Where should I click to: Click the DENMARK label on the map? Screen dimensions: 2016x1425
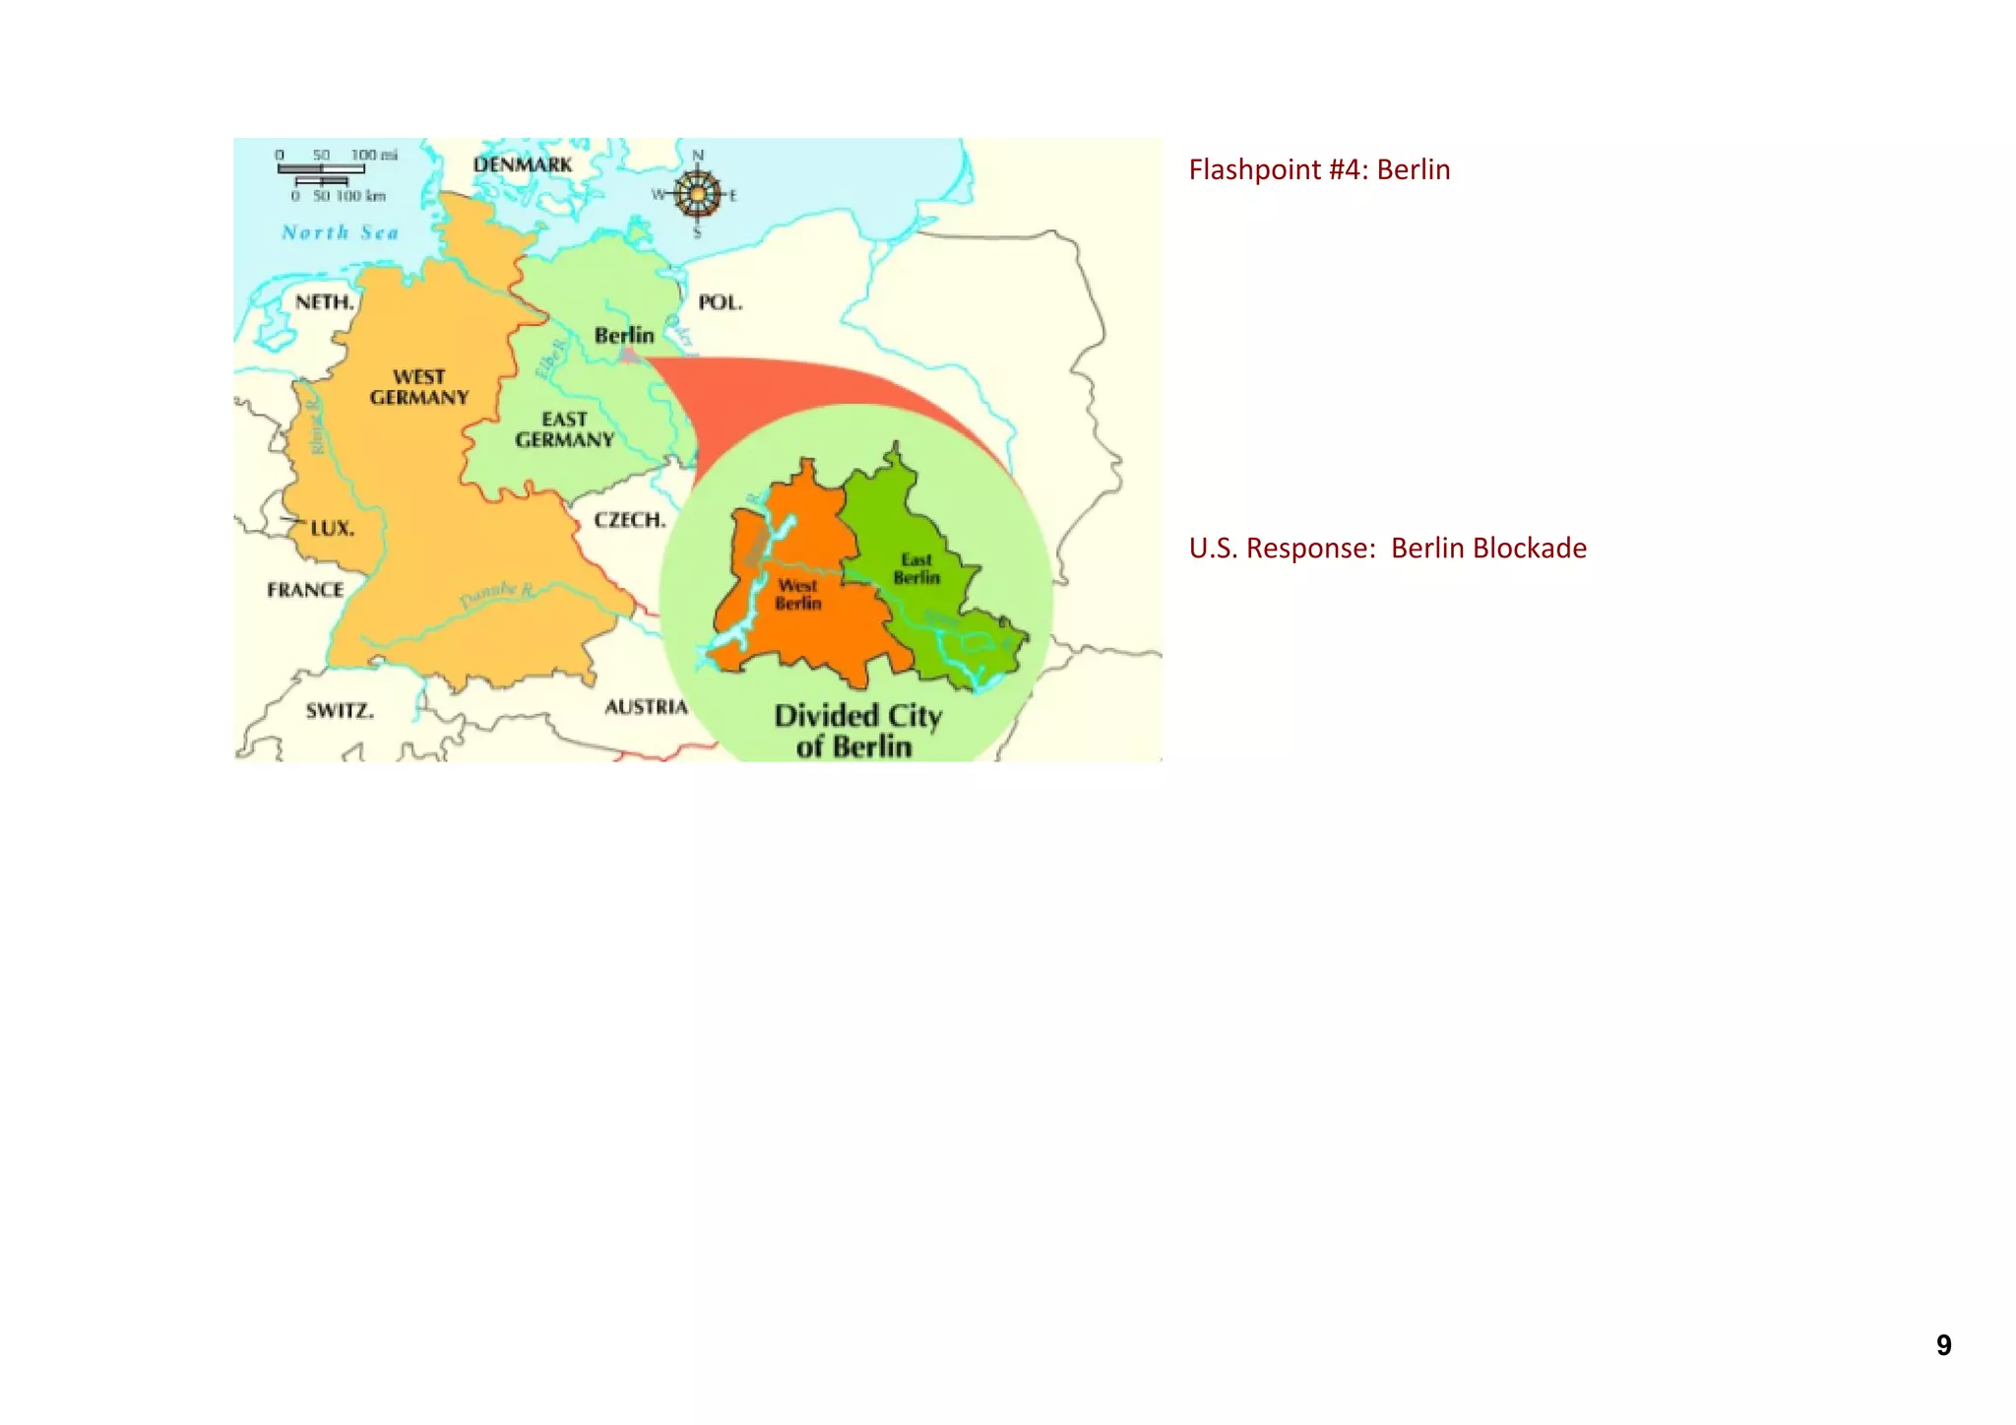(x=522, y=164)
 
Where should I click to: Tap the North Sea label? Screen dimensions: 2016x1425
(x=340, y=232)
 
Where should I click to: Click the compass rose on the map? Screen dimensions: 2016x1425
(x=697, y=194)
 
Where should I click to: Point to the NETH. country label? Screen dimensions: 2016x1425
(x=324, y=302)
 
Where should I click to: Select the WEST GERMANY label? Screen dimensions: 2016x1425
(x=419, y=387)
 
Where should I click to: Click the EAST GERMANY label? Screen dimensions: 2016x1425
(x=564, y=429)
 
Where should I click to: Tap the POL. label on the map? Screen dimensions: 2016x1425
(x=720, y=302)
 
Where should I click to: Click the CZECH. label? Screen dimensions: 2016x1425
(x=629, y=520)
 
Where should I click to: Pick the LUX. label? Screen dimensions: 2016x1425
(x=332, y=528)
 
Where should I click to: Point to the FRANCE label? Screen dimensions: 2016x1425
(x=305, y=590)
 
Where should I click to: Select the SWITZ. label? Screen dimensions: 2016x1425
(x=339, y=710)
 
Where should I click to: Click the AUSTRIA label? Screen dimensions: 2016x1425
(x=646, y=706)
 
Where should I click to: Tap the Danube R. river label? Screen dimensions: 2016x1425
(x=497, y=595)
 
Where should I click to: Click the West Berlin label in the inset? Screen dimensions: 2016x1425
(x=797, y=594)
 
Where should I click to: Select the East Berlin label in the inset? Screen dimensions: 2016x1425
(x=916, y=568)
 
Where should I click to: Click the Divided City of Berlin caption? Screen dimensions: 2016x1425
(x=856, y=730)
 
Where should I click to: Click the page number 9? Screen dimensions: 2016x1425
(x=1943, y=1345)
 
